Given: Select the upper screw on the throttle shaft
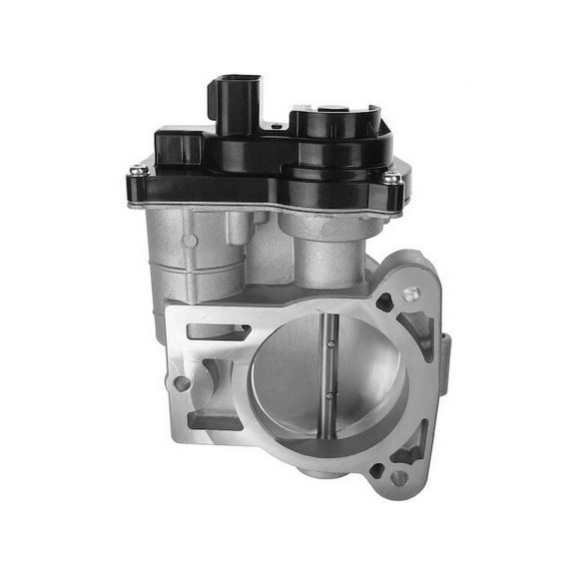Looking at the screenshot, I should tap(330, 345).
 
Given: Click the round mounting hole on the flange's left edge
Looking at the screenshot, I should tap(182, 382).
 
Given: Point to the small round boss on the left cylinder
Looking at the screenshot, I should tap(190, 241).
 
